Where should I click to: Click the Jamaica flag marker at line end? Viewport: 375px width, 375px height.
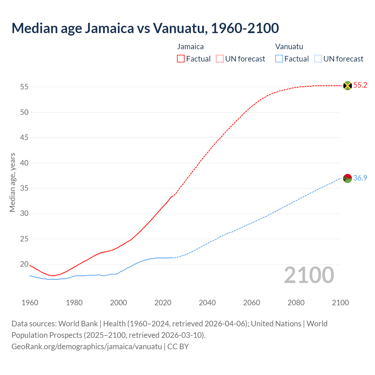click(x=347, y=86)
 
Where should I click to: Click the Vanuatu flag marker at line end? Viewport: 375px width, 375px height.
click(x=347, y=178)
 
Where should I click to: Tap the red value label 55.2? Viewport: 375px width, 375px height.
click(x=360, y=85)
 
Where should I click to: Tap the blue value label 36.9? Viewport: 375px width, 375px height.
click(x=360, y=178)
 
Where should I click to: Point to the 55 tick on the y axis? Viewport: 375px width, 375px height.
click(x=24, y=87)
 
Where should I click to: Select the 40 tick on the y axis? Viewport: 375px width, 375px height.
click(x=24, y=163)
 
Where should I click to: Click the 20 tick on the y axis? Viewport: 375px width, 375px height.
click(x=24, y=264)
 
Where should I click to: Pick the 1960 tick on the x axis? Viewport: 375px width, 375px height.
click(x=30, y=303)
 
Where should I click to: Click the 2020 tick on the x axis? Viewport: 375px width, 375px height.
click(x=163, y=303)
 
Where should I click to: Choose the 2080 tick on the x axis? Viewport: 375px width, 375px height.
click(x=296, y=303)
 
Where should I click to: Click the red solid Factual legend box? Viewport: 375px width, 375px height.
click(x=181, y=59)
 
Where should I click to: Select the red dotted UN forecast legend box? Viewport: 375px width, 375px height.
click(x=220, y=59)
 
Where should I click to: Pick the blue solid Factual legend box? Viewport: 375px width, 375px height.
click(x=279, y=59)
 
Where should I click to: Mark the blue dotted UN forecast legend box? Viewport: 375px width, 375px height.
click(x=318, y=59)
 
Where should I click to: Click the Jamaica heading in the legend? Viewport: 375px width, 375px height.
click(x=190, y=47)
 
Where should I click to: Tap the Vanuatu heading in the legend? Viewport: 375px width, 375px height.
click(x=289, y=47)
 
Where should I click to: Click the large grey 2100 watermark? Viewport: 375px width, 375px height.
click(x=309, y=275)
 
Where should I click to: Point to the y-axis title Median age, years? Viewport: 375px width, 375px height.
click(x=12, y=182)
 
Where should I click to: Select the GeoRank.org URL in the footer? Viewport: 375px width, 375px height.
click(x=87, y=347)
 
